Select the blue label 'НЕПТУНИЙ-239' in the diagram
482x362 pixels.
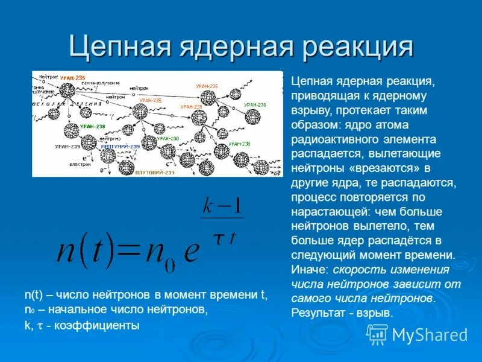120,147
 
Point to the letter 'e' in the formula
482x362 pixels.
192,252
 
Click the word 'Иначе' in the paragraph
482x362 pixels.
308,269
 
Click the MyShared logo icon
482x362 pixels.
377,334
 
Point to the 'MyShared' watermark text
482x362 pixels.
430,335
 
